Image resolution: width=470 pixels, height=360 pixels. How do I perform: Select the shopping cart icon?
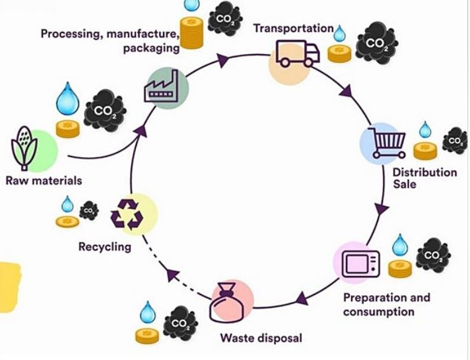pos(386,141)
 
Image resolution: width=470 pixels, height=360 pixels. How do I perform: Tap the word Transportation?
pos(293,28)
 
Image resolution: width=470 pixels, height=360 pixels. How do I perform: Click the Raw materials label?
pos(44,181)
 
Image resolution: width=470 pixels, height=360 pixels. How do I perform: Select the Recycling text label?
pos(104,246)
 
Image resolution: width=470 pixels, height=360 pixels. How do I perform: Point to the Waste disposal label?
pos(261,337)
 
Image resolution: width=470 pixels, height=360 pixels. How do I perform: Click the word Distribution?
pos(424,172)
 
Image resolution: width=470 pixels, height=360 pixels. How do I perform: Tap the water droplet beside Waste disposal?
pos(148,310)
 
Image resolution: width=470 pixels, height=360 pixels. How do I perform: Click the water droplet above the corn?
pos(66,99)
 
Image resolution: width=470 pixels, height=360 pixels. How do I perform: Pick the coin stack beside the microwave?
pos(400,269)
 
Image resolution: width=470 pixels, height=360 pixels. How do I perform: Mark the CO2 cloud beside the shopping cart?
pos(454,141)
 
